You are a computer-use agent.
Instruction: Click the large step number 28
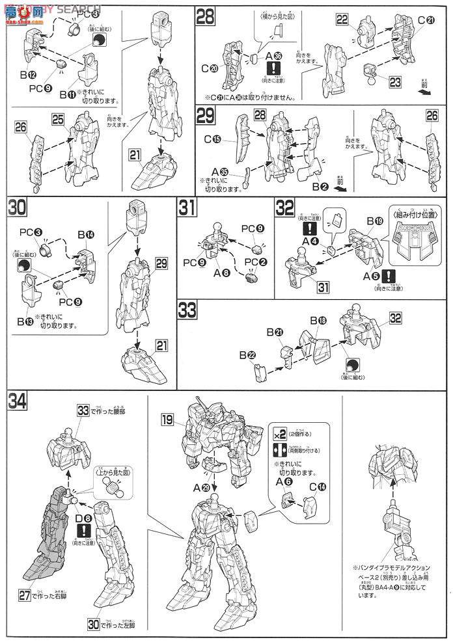point(206,17)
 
